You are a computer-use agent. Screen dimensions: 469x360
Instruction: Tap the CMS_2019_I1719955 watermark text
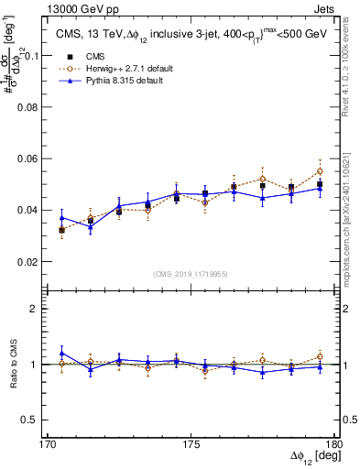pyautogui.click(x=190, y=273)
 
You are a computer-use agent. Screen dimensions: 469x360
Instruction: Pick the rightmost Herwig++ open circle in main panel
pyautogui.click(x=320, y=171)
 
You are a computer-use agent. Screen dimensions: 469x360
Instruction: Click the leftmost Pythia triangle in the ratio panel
pyautogui.click(x=61, y=353)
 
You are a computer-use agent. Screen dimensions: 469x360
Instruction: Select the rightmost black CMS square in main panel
pyautogui.click(x=320, y=184)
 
